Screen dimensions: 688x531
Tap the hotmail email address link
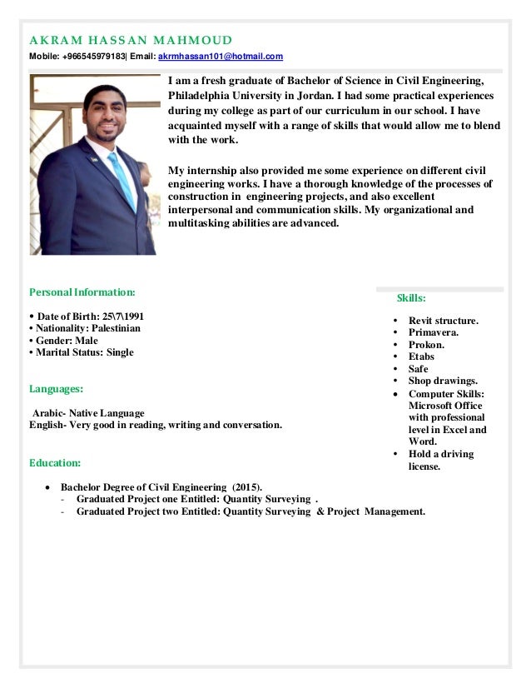221,57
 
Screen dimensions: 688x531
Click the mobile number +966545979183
92,57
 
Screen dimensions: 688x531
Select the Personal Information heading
81,293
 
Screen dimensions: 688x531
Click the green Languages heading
56,388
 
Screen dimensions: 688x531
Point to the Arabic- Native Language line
87,412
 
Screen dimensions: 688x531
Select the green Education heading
55,461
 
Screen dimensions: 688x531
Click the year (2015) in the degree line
246,486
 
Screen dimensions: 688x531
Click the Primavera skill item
433,332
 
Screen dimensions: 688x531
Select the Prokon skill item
426,345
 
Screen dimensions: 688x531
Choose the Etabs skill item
421,356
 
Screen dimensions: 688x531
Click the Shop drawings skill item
442,381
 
